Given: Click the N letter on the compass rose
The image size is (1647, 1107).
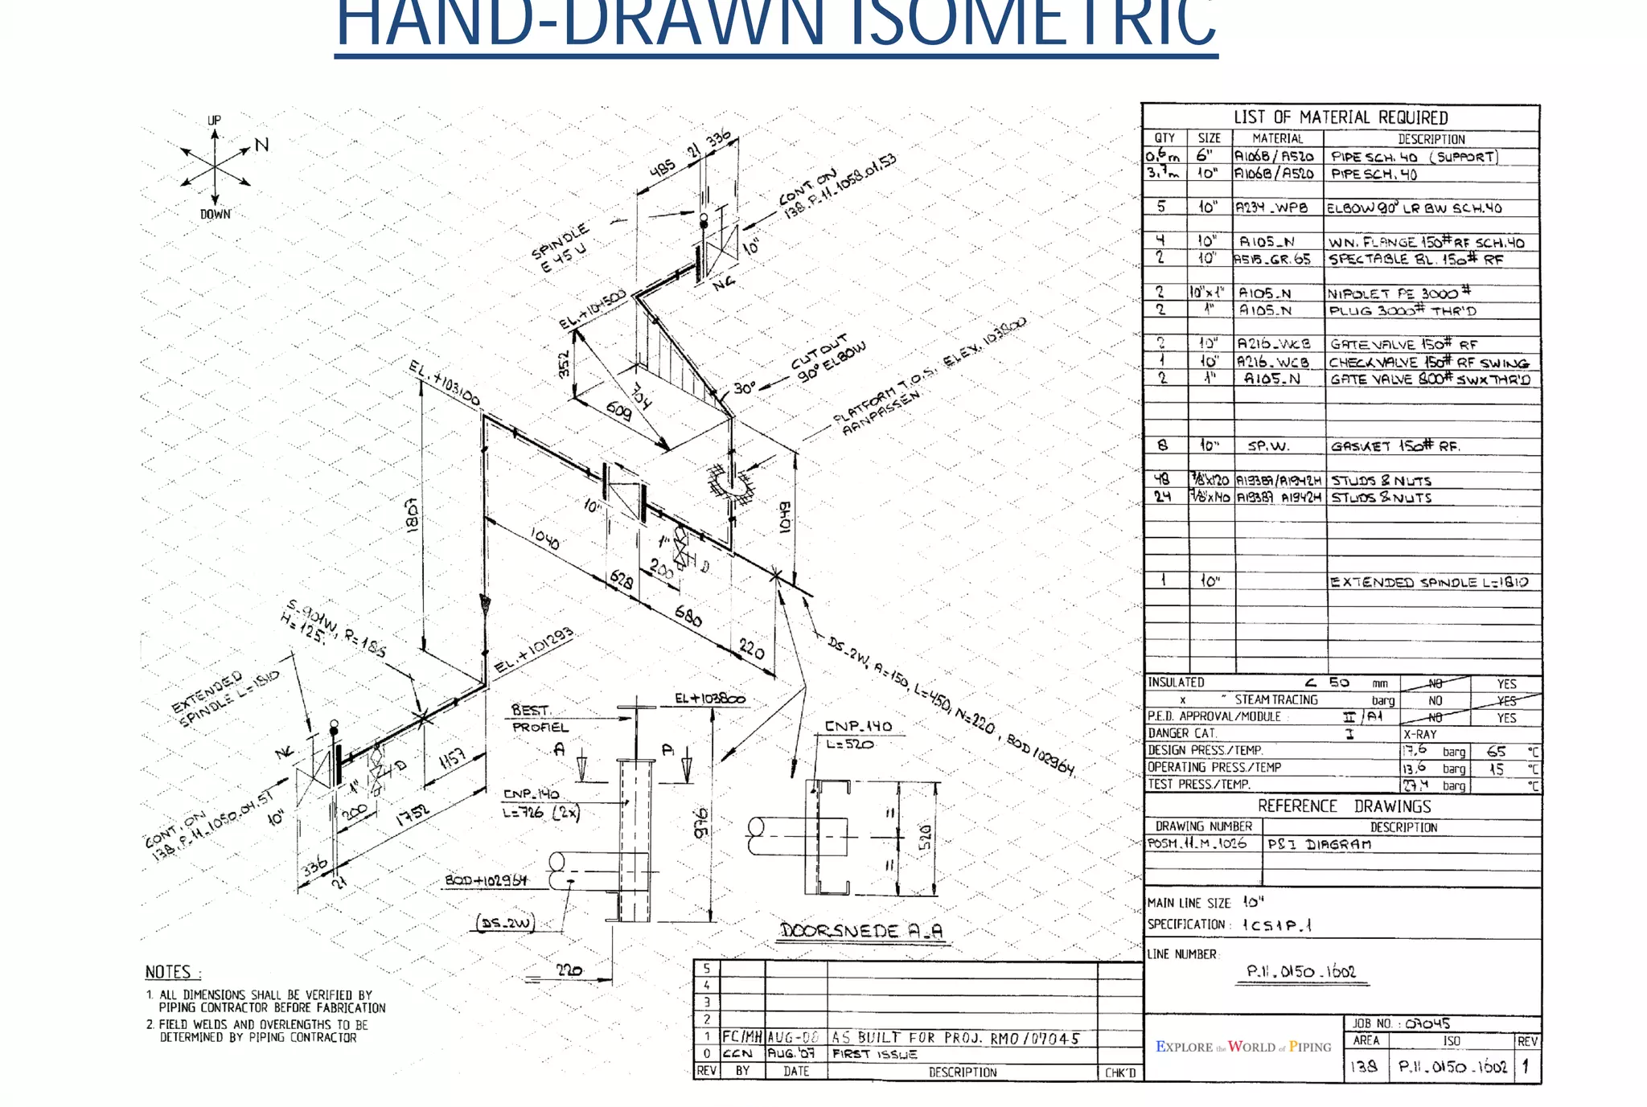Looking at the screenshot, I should pyautogui.click(x=261, y=145).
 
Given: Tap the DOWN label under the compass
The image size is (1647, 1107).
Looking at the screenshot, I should pyautogui.click(x=215, y=214).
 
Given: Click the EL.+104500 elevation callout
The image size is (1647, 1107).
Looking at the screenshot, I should pyautogui.click(x=593, y=310).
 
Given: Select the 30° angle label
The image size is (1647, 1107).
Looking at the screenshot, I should pyautogui.click(x=744, y=388).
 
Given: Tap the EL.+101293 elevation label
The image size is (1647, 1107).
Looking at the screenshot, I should pyautogui.click(x=533, y=650).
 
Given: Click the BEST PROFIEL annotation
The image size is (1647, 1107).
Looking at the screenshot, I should pyautogui.click(x=540, y=719).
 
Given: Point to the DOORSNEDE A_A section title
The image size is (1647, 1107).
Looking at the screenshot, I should pyautogui.click(x=860, y=931).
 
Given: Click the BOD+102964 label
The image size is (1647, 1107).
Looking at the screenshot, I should pyautogui.click(x=486, y=880).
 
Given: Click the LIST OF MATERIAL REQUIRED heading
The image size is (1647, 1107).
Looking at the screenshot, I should pyautogui.click(x=1341, y=117).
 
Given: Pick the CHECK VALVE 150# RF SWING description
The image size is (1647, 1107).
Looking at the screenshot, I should pyautogui.click(x=1428, y=363).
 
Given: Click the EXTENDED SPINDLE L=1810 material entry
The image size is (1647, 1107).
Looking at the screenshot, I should pyautogui.click(x=1428, y=582).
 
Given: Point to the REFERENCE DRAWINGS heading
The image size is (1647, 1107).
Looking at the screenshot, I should pyautogui.click(x=1344, y=806).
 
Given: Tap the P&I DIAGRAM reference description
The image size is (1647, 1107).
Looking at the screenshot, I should pyautogui.click(x=1319, y=844).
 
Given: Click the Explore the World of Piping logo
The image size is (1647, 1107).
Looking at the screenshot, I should pyautogui.click(x=1243, y=1047).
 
